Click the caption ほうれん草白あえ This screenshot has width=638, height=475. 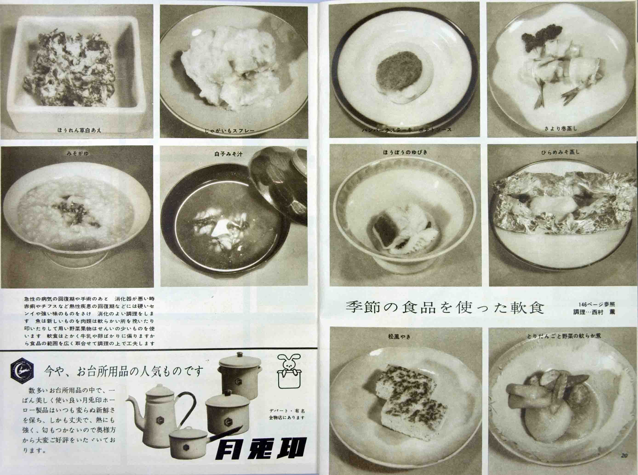pyautogui.click(x=79, y=130)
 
